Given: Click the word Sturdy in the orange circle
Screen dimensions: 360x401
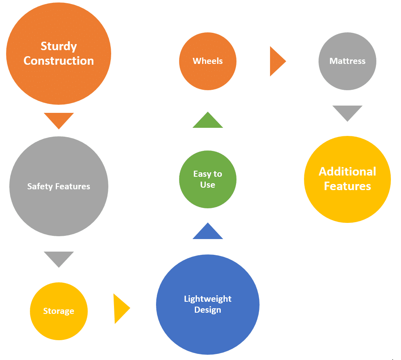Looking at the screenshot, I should [59, 47].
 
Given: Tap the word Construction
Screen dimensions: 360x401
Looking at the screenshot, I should [59, 61].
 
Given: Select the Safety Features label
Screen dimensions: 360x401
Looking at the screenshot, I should [59, 186].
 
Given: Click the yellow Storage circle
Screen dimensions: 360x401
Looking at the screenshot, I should [59, 311].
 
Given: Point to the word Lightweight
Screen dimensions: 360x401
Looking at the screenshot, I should [208, 299].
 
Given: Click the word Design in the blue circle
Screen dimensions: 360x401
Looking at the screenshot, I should [208, 310].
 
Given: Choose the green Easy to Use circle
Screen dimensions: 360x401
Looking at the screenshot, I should [208, 179].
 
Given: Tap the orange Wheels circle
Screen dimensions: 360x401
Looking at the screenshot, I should [208, 61].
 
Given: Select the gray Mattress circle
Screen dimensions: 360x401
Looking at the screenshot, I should [347, 61].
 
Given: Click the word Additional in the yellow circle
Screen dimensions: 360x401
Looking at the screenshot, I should [347, 172].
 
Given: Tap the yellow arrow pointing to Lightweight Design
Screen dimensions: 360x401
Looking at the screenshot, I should [120, 309].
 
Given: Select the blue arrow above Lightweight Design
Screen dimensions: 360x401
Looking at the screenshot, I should [208, 232].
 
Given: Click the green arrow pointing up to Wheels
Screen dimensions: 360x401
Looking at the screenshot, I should [208, 121].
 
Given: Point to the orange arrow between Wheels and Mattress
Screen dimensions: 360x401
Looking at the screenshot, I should [276, 61].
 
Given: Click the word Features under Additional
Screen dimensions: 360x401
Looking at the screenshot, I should [347, 186].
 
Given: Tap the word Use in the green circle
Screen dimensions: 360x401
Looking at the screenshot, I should [208, 185].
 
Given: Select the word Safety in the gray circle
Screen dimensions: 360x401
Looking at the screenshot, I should [39, 186].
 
